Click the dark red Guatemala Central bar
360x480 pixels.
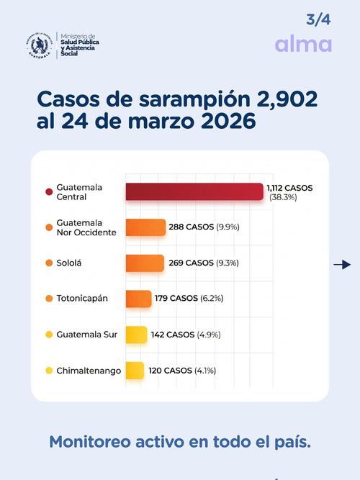[194, 191]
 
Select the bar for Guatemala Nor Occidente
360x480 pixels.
[145, 227]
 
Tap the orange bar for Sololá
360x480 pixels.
[145, 263]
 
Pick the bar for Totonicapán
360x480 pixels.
[138, 299]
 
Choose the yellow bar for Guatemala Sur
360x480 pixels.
[136, 335]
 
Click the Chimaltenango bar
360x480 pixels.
[135, 371]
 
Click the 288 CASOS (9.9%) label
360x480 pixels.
[204, 227]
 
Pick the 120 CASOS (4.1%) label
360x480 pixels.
[182, 371]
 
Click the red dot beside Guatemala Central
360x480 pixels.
[48, 192]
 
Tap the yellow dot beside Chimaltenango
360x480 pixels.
[48, 371]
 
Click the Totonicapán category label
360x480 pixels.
[82, 299]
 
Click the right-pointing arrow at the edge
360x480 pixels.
[341, 265]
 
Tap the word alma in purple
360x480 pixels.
[303, 44]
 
